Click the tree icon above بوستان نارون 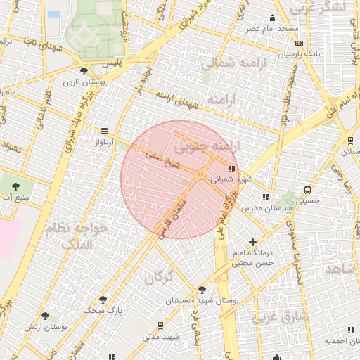pyautogui.click(x=84, y=70)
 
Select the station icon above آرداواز pyautogui.click(x=105, y=131)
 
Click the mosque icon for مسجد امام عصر pyautogui.click(x=273, y=18)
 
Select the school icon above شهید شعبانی pyautogui.click(x=232, y=169)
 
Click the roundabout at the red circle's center pyautogui.click(x=200, y=174)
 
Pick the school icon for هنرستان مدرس pyautogui.click(x=265, y=198)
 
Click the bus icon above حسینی pyautogui.click(x=307, y=190)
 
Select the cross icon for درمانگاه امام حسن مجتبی pyautogui.click(x=252, y=242)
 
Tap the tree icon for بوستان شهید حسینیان pyautogui.click(x=202, y=289)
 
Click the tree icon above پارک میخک pyautogui.click(x=103, y=300)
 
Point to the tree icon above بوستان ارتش pyautogui.click(x=45, y=316)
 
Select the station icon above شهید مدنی pyautogui.click(x=161, y=325)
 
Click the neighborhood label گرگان pyautogui.click(x=159, y=277)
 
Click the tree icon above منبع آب pyautogui.click(x=15, y=186)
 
